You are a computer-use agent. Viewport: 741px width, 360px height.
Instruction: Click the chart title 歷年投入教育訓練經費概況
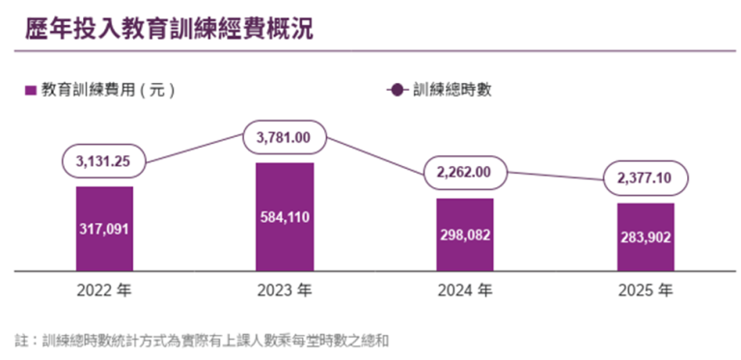(169, 28)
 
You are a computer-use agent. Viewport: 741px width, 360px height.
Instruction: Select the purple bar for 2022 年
(104, 229)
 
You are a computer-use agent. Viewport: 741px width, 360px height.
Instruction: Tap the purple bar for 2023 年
(285, 217)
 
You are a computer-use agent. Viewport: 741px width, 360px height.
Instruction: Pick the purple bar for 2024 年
(465, 235)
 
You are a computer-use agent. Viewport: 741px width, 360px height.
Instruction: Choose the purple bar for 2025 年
(645, 237)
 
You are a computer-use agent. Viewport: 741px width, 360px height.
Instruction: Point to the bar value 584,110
(285, 217)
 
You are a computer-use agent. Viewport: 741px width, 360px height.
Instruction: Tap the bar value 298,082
(465, 235)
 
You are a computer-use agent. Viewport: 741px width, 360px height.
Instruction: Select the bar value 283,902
(645, 237)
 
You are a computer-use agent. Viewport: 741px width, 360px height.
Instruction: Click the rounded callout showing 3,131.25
(103, 161)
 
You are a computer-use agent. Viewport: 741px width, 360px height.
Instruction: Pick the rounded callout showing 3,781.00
(285, 137)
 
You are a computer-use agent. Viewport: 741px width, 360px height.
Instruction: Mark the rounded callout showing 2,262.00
(465, 173)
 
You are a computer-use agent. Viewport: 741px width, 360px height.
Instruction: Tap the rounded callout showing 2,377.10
(645, 179)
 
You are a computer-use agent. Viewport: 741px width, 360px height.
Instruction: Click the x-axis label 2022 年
(104, 291)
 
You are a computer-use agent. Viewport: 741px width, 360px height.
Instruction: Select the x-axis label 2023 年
(285, 291)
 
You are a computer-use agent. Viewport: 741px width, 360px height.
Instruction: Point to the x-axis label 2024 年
(465, 291)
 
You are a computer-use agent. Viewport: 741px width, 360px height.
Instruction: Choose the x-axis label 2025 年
(645, 291)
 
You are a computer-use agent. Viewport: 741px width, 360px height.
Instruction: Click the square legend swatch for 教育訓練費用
(30, 90)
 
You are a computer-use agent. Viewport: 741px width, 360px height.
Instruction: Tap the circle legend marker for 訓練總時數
(398, 90)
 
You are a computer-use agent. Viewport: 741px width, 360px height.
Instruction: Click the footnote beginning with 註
(202, 341)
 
